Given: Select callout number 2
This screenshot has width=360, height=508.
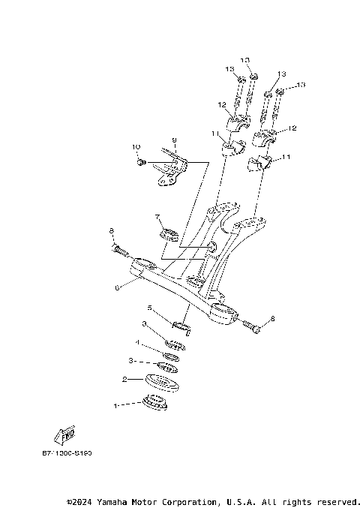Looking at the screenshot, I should pos(124,380).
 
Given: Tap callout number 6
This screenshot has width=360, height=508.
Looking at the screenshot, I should pos(116,287).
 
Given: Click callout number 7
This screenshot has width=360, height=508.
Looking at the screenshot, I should pos(157,217).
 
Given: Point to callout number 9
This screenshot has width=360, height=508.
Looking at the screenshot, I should pos(173,140).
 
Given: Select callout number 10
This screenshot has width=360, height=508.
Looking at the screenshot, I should pos(136,146).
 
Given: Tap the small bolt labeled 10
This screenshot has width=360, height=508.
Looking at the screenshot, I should pos(141,161).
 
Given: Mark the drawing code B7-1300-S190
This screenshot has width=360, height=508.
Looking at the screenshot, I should pos(67,452).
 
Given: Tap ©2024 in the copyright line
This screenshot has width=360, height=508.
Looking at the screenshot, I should pos(80,501).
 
